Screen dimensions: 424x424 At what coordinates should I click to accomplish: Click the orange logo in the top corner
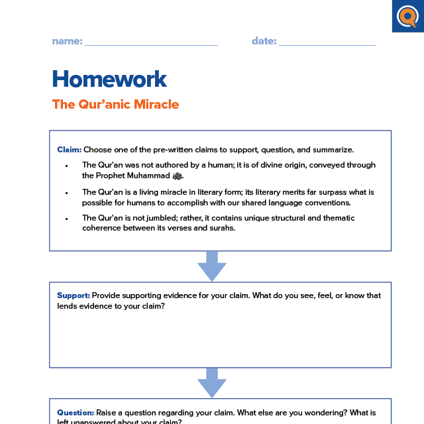tap(407, 16)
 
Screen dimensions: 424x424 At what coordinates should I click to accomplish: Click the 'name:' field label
tap(67, 41)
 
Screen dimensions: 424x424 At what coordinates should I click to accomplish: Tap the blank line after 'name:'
tap(151, 44)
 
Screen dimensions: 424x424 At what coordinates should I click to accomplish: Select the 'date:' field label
tap(264, 41)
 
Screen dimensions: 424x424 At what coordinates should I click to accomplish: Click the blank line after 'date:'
tap(327, 44)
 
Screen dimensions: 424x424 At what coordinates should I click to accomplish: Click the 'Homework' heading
tap(109, 79)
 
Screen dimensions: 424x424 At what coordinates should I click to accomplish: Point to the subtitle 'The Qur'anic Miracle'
tap(115, 104)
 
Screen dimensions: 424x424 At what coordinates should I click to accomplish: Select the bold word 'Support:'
tap(74, 295)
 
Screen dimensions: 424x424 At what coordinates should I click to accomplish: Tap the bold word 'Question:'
tap(76, 412)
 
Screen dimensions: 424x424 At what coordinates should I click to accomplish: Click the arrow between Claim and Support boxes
tap(212, 266)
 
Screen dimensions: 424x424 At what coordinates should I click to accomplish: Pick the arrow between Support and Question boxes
tap(212, 383)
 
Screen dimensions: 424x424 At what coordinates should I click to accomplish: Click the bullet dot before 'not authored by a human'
tap(67, 165)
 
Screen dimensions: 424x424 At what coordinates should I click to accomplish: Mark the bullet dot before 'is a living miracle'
tap(67, 192)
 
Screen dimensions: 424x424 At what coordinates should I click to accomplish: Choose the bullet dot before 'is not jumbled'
tap(67, 218)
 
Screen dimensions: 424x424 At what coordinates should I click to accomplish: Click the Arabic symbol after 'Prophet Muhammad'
tap(177, 176)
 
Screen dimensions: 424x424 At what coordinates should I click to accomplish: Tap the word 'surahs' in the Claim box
tap(221, 228)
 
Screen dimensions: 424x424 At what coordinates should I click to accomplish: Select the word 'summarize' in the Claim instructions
tap(334, 150)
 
